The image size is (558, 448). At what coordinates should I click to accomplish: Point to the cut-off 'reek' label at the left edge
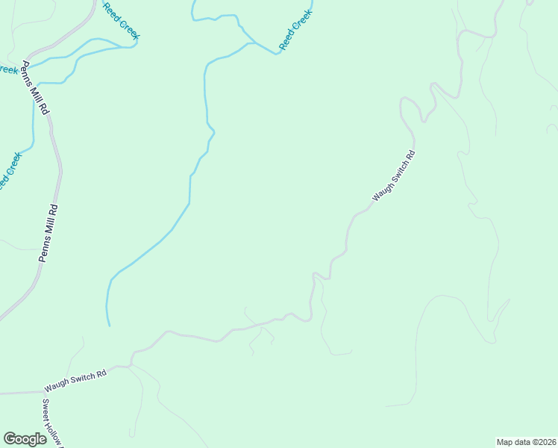7,69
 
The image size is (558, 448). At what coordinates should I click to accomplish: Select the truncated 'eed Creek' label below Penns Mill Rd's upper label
10,171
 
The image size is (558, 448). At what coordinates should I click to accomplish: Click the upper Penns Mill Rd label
36,87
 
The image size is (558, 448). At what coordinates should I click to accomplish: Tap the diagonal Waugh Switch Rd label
393,176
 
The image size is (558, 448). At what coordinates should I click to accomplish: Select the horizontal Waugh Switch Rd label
75,383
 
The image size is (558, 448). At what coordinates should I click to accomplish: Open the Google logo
25,439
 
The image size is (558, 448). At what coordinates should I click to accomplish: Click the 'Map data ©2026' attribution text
526,441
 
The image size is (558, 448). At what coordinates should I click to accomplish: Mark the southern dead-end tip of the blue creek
109,325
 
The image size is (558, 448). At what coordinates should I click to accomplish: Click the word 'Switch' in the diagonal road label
398,172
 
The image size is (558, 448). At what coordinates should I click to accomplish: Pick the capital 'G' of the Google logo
10,439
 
